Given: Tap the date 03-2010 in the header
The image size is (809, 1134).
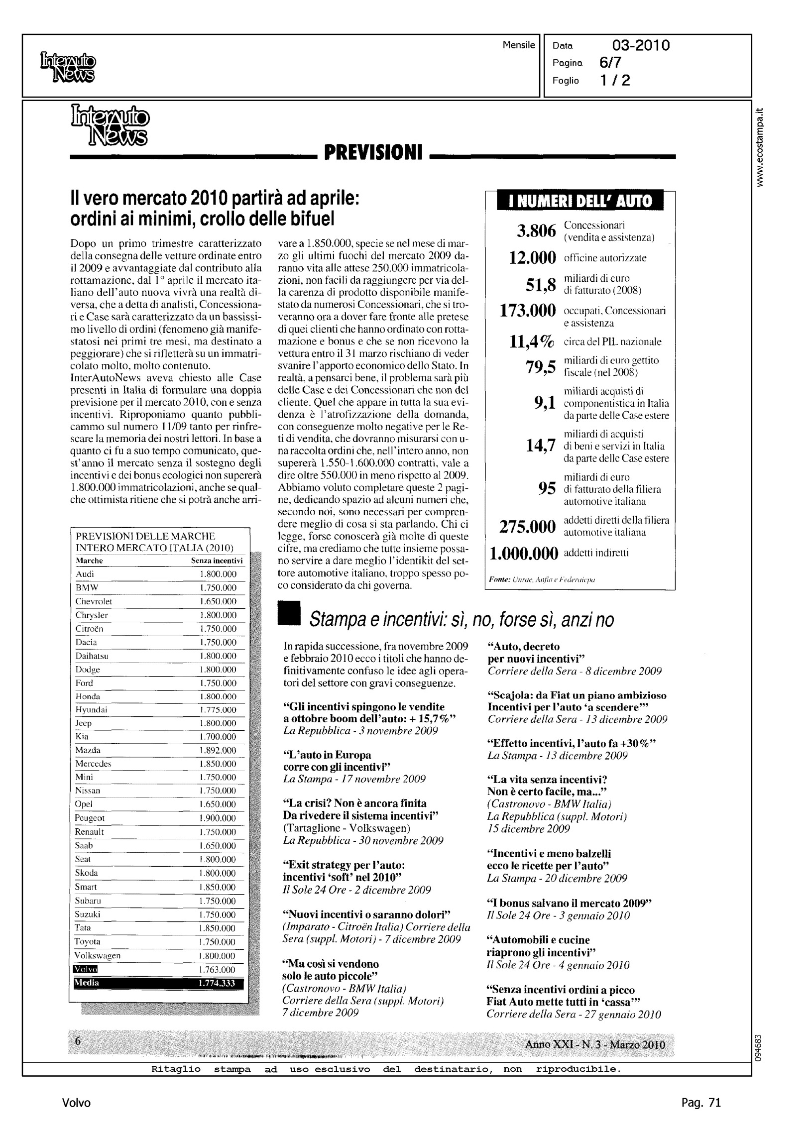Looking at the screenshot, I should click(641, 46).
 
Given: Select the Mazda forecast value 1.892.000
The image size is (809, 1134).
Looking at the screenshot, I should click(218, 750).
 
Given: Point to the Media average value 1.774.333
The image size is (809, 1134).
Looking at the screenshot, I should click(217, 983).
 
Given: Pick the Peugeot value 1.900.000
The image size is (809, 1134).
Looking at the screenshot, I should click(218, 818).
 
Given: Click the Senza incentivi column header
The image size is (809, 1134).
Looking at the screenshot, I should click(217, 561).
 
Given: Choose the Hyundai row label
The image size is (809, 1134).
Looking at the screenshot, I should click(91, 709).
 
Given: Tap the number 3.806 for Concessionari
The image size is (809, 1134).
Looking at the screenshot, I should click(536, 231).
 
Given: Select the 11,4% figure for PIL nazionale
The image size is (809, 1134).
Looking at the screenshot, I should click(532, 341).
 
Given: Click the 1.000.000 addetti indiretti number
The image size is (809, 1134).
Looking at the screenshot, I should click(523, 553).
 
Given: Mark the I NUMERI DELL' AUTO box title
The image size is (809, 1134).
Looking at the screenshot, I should click(580, 201).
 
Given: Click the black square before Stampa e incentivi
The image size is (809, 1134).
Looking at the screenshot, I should click(289, 613).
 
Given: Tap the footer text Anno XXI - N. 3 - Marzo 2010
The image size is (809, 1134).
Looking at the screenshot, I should click(595, 1044).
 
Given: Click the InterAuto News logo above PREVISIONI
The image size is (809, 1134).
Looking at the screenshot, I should click(110, 124).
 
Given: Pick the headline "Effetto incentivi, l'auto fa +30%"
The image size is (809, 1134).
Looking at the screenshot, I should click(571, 744).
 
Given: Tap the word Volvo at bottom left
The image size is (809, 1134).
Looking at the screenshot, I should click(77, 1103).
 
